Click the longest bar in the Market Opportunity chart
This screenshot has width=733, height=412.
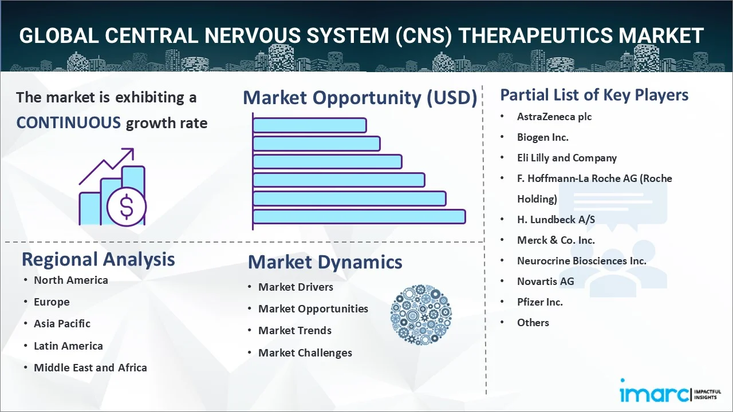(x=358, y=217)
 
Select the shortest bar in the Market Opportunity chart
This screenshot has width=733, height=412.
(x=309, y=125)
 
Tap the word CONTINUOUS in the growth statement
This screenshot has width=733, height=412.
(x=68, y=122)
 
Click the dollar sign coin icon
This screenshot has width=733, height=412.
(x=127, y=207)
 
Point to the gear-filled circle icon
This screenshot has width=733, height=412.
(x=421, y=315)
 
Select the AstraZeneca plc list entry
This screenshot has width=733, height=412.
(x=554, y=117)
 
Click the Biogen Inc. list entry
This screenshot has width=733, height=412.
(x=542, y=137)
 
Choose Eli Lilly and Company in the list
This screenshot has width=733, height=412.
(x=566, y=158)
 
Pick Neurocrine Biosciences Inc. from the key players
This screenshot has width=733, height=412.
(x=581, y=261)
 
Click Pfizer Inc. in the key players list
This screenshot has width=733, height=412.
(x=539, y=302)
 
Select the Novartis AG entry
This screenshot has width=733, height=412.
(x=545, y=282)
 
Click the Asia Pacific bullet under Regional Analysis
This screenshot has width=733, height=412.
(x=62, y=324)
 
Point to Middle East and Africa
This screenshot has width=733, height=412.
(x=90, y=368)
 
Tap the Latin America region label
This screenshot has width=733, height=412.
(x=68, y=346)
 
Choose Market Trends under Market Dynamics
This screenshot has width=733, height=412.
(x=294, y=331)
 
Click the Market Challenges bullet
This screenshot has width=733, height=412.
(x=305, y=353)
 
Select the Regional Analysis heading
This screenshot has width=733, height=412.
(x=98, y=260)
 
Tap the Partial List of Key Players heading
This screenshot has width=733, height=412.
(x=594, y=95)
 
